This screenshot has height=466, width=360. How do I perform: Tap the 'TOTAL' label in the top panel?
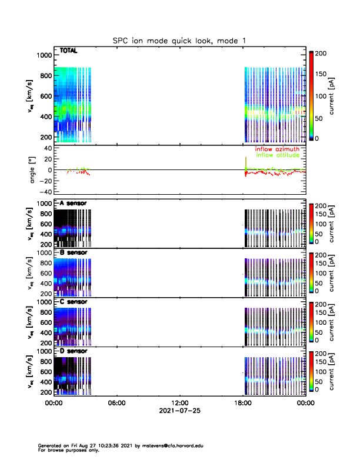pos(69,51)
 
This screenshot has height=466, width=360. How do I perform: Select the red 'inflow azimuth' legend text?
pos(277,149)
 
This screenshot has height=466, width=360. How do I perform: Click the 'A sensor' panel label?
pos(73,204)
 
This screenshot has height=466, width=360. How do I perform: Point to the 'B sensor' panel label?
pos(73,252)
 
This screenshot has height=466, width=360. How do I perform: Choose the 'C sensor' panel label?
pos(73,302)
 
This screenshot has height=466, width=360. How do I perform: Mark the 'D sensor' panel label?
pos(73,351)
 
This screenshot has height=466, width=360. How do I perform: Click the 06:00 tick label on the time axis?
pos(116,403)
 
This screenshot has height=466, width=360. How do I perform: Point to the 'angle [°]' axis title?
pos(34,169)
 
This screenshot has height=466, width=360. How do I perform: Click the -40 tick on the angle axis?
pos(43,192)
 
